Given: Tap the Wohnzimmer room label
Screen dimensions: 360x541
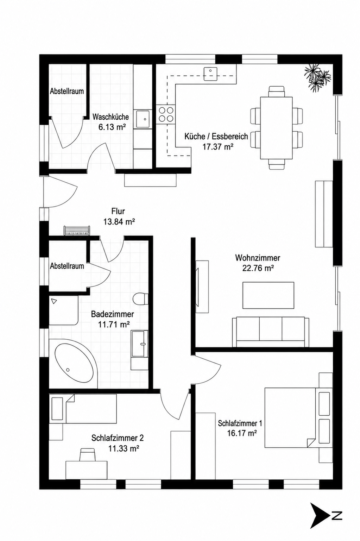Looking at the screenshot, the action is [x=258, y=258].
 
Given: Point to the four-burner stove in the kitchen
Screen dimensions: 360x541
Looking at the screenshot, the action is [x=166, y=114].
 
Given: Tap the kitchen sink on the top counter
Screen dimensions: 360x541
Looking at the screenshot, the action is [x=210, y=74].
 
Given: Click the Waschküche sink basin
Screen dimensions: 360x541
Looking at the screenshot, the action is [x=143, y=119].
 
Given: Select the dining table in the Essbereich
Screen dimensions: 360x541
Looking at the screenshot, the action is [x=276, y=128].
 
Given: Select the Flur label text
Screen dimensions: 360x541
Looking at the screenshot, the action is [x=118, y=211].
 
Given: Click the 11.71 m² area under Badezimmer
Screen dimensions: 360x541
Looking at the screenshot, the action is [x=113, y=325].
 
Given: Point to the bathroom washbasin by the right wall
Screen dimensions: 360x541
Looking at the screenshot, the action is [x=139, y=344].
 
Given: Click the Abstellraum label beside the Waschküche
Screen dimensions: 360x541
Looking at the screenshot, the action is [x=67, y=91].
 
